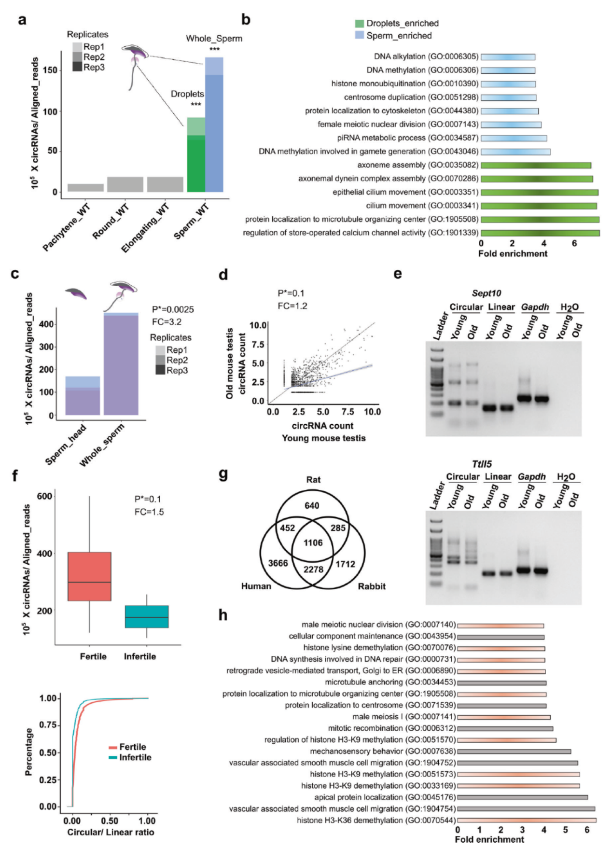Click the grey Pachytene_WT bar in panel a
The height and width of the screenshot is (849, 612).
pos(85,188)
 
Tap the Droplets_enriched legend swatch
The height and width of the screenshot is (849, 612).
pos(360,23)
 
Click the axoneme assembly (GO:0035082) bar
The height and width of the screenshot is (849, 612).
pos(536,166)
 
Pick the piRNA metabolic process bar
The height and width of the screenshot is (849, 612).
pos(514,139)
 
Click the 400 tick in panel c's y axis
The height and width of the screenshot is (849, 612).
pos(46,324)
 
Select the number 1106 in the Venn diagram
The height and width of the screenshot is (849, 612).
pos(313,543)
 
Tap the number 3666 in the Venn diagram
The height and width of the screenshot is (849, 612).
pos(278,563)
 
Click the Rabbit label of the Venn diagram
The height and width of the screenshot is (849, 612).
pos(372,586)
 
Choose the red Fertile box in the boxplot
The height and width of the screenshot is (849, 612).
pos(89,576)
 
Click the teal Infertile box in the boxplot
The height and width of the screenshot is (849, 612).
pos(147,616)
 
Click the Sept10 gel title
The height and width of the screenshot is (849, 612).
pos(486,293)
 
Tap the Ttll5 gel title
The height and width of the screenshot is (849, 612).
pos(482,464)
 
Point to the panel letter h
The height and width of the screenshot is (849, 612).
pos(223,615)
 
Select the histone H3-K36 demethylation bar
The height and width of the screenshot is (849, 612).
pos(527,821)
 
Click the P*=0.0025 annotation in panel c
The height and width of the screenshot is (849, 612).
pos(173,309)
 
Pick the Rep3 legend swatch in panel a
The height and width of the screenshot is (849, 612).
pos(77,67)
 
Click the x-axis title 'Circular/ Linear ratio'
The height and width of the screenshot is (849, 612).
pos(111,832)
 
